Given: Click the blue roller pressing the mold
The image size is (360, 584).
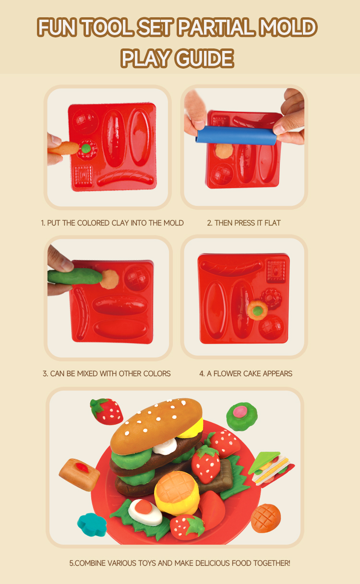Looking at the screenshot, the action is [236, 136].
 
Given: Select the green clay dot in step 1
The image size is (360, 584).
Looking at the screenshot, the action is [86, 149].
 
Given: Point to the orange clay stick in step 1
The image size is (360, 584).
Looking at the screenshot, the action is [64, 149].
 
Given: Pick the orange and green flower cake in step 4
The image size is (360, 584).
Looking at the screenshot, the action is [257, 310].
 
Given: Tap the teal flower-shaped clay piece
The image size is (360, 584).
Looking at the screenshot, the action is [92, 525].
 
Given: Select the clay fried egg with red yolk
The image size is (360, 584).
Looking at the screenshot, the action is [145, 512].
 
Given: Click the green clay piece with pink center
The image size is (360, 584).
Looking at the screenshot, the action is [242, 417].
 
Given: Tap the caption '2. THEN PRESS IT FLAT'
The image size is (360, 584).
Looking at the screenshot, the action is [244, 223].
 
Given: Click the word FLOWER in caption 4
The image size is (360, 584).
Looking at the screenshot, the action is [227, 374].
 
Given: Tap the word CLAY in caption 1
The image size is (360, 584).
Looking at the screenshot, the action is [120, 223].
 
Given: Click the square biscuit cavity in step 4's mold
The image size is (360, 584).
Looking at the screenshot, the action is [276, 271].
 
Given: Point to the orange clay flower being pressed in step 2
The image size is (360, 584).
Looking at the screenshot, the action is [224, 151].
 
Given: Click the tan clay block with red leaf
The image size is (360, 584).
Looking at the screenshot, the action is [79, 474].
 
